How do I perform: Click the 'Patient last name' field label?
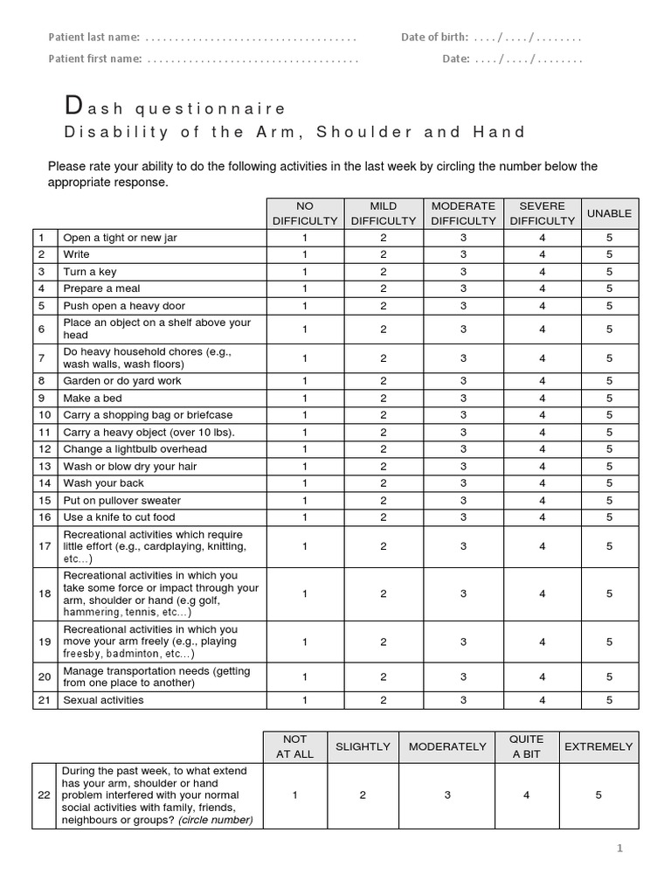93,38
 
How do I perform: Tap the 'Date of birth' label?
434,38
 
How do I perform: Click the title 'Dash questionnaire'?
176,108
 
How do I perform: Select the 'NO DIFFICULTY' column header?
304,213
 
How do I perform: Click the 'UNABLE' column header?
609,213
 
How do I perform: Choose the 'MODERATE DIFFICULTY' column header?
463,213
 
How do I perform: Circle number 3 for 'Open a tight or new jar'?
463,238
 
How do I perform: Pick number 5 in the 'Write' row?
609,254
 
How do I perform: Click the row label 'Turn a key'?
89,272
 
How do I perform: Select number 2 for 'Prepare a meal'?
383,288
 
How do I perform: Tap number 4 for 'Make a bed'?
542,398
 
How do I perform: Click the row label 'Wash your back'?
103,483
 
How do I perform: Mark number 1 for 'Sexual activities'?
304,700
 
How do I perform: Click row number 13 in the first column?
44,466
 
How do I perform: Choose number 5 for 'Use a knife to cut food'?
609,517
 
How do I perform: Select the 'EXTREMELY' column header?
598,746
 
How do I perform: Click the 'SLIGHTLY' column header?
363,746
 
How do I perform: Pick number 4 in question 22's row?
525,795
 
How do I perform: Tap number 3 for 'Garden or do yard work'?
463,381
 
